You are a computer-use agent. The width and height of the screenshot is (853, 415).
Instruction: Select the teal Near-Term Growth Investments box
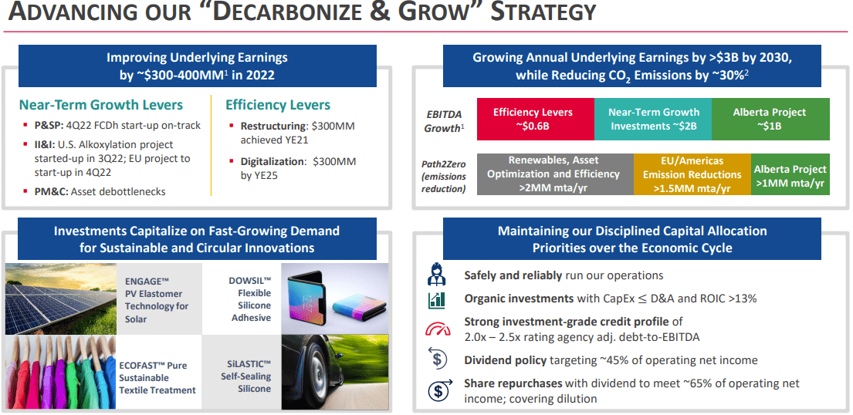pos(653,119)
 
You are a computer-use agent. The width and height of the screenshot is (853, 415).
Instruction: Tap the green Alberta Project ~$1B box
pos(770,119)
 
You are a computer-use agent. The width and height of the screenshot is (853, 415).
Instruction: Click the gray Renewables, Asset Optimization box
pos(554,174)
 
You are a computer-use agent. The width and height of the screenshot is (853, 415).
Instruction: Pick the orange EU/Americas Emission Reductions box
pos(692,174)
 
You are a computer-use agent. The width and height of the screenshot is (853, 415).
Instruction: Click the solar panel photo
pos(61,298)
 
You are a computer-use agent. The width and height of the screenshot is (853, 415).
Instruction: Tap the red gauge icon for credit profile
pos(438,329)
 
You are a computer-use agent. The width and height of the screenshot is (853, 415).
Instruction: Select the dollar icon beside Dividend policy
pos(438,359)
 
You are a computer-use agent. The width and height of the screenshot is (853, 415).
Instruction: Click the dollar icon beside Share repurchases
pos(438,390)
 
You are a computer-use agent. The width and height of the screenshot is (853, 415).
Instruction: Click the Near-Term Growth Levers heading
pos(101,105)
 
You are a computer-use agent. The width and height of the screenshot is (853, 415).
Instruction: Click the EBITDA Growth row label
pos(444,121)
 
